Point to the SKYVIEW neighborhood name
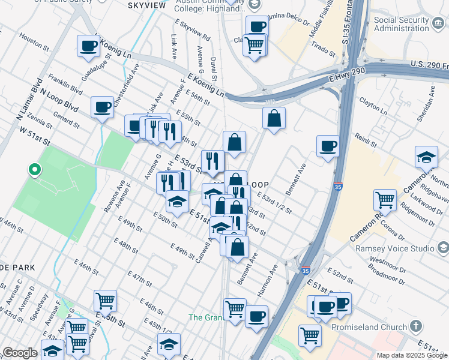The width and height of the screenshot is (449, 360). click(147, 5)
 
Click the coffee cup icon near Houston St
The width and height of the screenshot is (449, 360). click(89, 46)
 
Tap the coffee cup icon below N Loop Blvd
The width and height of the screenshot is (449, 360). click(103, 109)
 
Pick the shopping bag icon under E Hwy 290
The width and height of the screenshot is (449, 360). click(273, 119)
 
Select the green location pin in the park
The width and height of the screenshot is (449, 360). click(35, 170)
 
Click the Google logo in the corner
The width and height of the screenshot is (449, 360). click(20, 353)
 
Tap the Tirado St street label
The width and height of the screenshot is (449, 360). click(322, 49)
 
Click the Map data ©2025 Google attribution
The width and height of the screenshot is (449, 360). click(411, 355)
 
